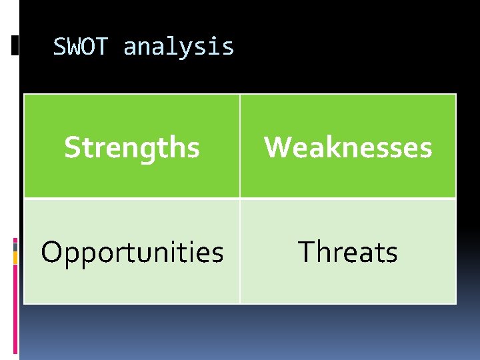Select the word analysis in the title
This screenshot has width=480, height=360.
tap(179, 47)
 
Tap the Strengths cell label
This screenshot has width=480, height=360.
tap(132, 147)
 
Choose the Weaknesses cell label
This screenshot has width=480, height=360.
tap(348, 147)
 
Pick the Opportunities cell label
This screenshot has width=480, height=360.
tap(132, 253)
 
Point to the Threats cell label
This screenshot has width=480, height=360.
tap(348, 253)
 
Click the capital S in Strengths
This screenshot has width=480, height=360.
tap(71, 147)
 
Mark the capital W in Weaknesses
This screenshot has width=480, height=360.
tap(277, 147)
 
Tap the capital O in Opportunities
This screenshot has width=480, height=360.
tap(51, 252)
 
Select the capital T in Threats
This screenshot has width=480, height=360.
tap(305, 252)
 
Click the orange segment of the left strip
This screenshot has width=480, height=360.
tap(15, 274)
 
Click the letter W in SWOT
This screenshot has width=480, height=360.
tap(75, 47)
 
